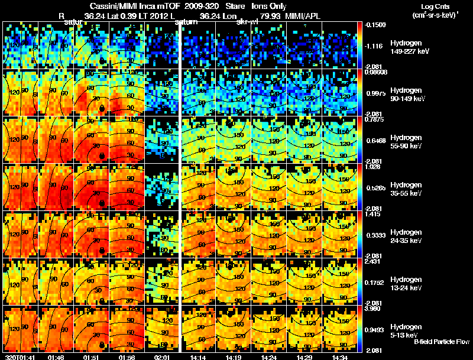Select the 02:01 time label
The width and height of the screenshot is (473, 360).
tap(163, 356)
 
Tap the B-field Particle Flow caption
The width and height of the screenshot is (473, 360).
tap(442, 342)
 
